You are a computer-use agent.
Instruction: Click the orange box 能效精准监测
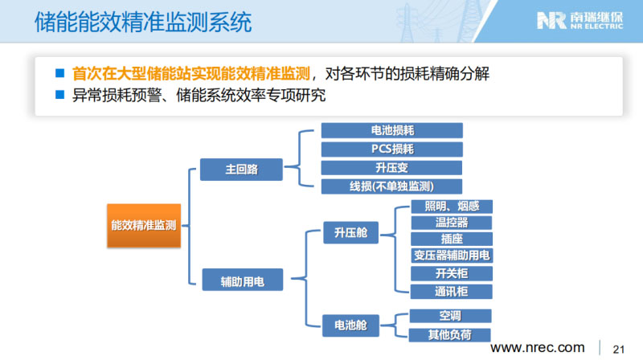[x=144, y=227]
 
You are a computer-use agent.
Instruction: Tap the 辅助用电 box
[x=242, y=280]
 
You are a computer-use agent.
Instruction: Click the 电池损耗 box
[x=392, y=130]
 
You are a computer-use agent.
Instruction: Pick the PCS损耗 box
[x=392, y=149]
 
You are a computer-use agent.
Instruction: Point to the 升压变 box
[x=392, y=168]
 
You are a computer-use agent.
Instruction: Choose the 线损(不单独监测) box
[x=392, y=186]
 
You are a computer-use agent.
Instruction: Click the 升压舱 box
[x=350, y=233]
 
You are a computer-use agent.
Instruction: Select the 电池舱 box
[x=350, y=325]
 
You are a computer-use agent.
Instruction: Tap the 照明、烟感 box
[x=451, y=206]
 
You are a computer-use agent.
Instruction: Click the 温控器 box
[x=451, y=222]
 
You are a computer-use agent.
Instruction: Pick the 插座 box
[x=451, y=239]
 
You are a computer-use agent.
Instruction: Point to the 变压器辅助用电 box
[x=451, y=256]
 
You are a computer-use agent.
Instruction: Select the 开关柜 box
[x=451, y=273]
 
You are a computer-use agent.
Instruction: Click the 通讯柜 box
[x=451, y=291]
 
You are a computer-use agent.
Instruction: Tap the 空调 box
[x=451, y=316]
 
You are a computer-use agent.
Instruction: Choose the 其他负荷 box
[x=451, y=334]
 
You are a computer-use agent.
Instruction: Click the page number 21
[x=619, y=348]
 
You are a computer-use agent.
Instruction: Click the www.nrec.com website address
[x=538, y=347]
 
